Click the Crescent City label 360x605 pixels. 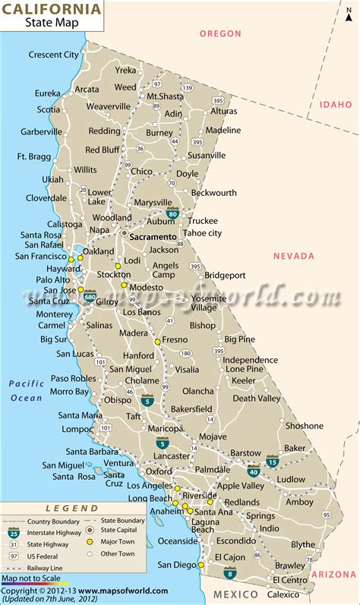tap(53, 55)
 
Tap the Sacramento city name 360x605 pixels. tap(153, 237)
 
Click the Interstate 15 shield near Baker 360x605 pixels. tap(273, 461)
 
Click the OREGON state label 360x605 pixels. tap(220, 34)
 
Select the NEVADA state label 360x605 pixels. tap(294, 257)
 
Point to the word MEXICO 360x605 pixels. tap(235, 594)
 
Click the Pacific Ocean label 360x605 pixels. tap(27, 390)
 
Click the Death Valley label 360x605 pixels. tap(256, 399)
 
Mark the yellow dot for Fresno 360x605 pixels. tap(157, 342)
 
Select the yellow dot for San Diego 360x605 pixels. tap(201, 566)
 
